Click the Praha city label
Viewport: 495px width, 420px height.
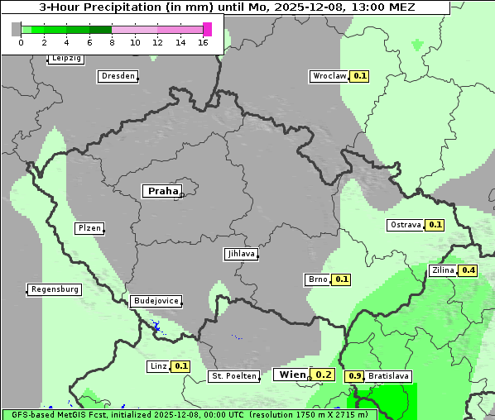pyautogui.click(x=162, y=191)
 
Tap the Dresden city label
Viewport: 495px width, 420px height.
pyautogui.click(x=118, y=76)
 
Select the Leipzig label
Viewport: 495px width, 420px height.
pyautogui.click(x=66, y=59)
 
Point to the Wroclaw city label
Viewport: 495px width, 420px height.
pyautogui.click(x=329, y=76)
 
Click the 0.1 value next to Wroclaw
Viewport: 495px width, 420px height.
pyautogui.click(x=360, y=76)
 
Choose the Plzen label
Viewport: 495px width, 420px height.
pyautogui.click(x=89, y=228)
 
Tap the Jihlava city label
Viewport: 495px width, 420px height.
pyautogui.click(x=241, y=255)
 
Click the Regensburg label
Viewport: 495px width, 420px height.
pyautogui.click(x=55, y=289)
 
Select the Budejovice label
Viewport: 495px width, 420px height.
pyautogui.click(x=156, y=301)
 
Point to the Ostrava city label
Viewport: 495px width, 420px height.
pyautogui.click(x=405, y=225)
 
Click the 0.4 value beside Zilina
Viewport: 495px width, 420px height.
pyautogui.click(x=469, y=270)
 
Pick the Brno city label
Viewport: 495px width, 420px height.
pyautogui.click(x=318, y=279)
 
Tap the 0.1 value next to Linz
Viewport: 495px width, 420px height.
pyautogui.click(x=182, y=366)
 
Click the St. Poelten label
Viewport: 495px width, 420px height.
pyautogui.click(x=233, y=376)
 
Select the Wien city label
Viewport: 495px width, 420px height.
pyautogui.click(x=291, y=375)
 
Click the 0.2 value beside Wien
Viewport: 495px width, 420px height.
pyautogui.click(x=324, y=375)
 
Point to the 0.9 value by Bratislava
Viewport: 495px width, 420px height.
pyautogui.click(x=355, y=376)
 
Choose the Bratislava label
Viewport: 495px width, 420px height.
pyautogui.click(x=389, y=376)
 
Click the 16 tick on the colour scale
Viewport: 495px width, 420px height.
pyautogui.click(x=203, y=41)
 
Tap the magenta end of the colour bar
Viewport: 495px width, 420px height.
pyautogui.click(x=207, y=29)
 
